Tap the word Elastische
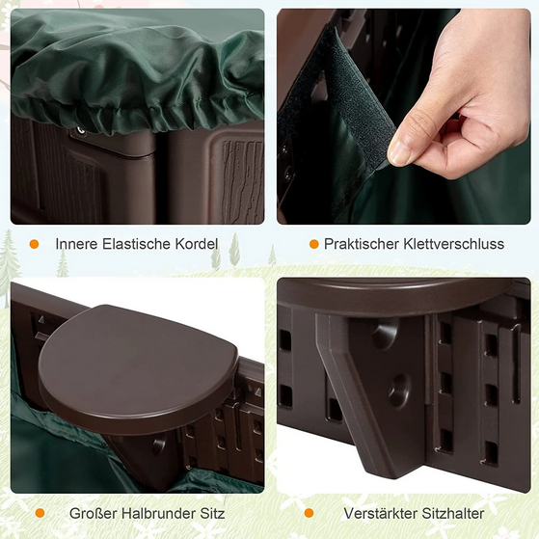pyautogui.click(x=139, y=244)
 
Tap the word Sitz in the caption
pyautogui.click(x=210, y=513)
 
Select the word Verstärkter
pyautogui.click(x=379, y=513)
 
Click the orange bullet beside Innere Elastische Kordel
pyautogui.click(x=35, y=244)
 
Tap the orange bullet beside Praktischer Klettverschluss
pyautogui.click(x=313, y=244)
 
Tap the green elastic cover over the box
pyautogui.click(x=135, y=67)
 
